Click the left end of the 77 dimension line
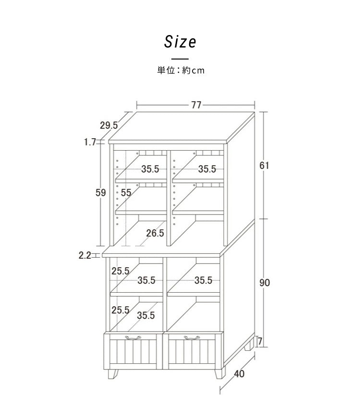(137, 105)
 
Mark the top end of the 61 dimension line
(264, 112)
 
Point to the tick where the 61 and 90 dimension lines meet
(264, 219)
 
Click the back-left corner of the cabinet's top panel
(136, 112)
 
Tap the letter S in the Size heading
(168, 42)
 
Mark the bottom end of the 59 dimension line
(100, 246)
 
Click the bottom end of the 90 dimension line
(264, 347)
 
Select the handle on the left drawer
(133, 338)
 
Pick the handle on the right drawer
(192, 338)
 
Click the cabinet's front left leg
(112, 374)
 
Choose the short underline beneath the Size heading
(180, 59)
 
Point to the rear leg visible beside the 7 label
(249, 345)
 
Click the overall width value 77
(196, 105)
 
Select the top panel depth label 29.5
(109, 125)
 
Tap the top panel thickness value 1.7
(90, 142)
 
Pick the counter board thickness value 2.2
(85, 255)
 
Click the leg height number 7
(260, 342)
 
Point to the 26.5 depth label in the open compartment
(155, 233)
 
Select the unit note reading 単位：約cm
(180, 70)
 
